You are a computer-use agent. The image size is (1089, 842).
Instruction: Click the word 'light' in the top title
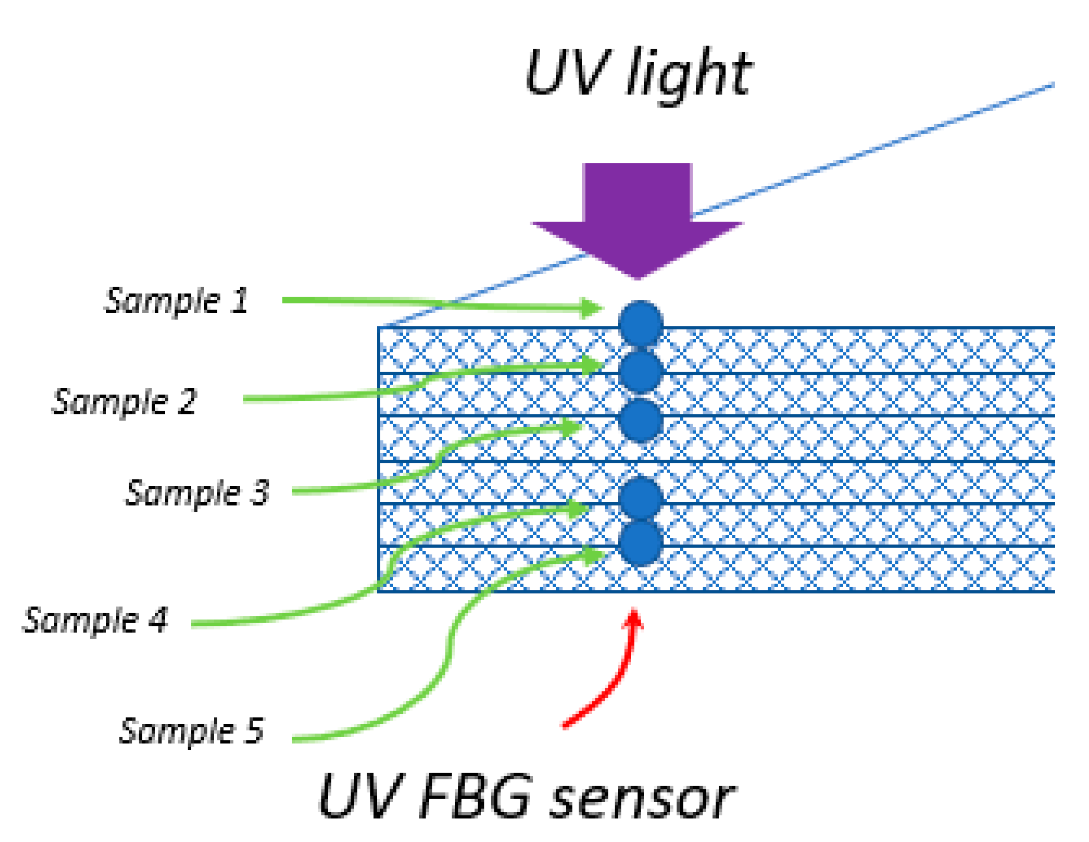click(x=688, y=75)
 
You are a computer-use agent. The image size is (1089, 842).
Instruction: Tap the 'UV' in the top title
click(x=567, y=72)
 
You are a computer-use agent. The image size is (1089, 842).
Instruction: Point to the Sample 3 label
click(x=197, y=493)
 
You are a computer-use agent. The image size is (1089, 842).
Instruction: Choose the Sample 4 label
click(x=95, y=620)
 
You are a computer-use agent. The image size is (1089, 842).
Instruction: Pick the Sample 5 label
click(x=191, y=731)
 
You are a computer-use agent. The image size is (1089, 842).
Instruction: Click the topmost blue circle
click(x=640, y=323)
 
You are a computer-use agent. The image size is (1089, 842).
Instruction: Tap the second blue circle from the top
click(x=640, y=372)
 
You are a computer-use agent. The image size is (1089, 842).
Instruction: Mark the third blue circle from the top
click(x=640, y=420)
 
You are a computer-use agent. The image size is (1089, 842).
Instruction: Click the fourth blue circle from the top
click(x=640, y=498)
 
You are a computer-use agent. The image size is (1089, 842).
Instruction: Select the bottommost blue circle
click(x=640, y=543)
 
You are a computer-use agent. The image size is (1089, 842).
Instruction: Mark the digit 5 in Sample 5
click(x=255, y=731)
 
